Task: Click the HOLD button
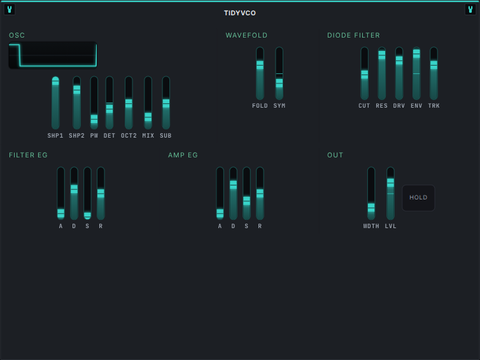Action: pos(418,198)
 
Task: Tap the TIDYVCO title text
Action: pos(240,13)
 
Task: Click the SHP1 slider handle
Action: pos(55,81)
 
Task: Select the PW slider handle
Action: pos(94,119)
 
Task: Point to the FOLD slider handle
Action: pos(260,65)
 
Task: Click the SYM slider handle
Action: pos(279,83)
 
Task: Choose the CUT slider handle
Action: pos(364,75)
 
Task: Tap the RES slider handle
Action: pos(382,55)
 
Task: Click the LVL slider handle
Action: pos(390,183)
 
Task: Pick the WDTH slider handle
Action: pos(371,208)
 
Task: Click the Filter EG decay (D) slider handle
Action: pos(74,189)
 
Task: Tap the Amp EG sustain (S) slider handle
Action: pos(246,201)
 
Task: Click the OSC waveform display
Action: pos(53,55)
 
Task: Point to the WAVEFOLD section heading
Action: pos(246,35)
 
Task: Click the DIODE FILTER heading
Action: pos(353,35)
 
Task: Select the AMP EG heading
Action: pos(183,155)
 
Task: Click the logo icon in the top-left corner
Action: pos(10,10)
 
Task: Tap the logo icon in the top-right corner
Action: pos(470,10)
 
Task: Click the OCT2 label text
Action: pos(129,136)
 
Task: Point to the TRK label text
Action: pos(434,106)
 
